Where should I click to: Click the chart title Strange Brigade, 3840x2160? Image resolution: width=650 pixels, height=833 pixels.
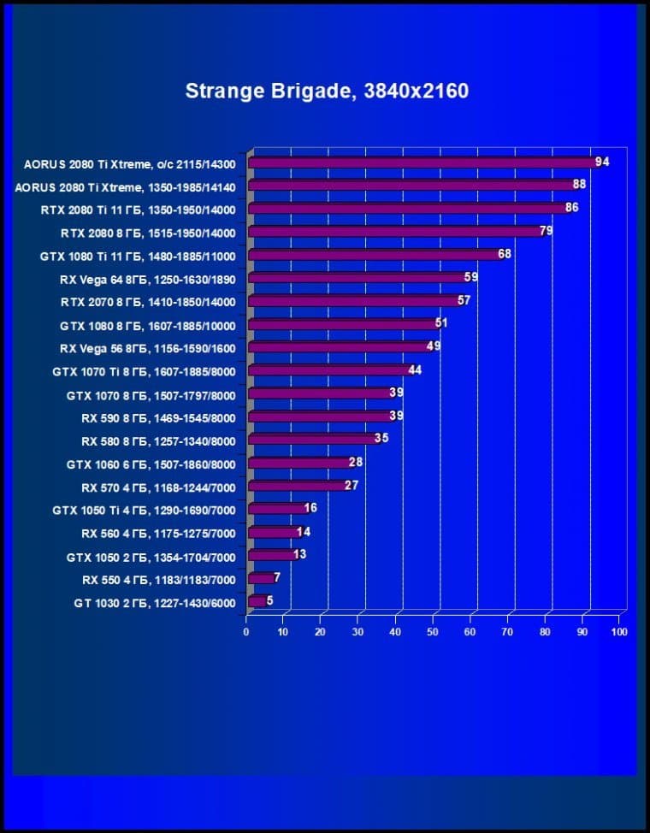[327, 91]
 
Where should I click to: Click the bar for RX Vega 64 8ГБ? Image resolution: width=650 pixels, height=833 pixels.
[356, 277]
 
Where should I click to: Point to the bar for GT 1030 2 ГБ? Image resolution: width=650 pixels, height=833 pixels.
[256, 601]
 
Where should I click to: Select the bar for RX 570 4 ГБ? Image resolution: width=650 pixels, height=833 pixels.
[296, 486]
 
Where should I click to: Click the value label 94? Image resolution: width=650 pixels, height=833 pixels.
[602, 162]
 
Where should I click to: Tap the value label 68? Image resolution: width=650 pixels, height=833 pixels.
[505, 254]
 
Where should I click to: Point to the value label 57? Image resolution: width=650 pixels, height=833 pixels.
[464, 300]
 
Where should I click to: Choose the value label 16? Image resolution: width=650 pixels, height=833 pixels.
[310, 508]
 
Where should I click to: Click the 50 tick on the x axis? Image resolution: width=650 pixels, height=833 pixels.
[433, 632]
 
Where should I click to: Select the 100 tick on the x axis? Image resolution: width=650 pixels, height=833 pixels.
[619, 632]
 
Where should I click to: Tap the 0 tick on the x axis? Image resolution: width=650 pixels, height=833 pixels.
[246, 632]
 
